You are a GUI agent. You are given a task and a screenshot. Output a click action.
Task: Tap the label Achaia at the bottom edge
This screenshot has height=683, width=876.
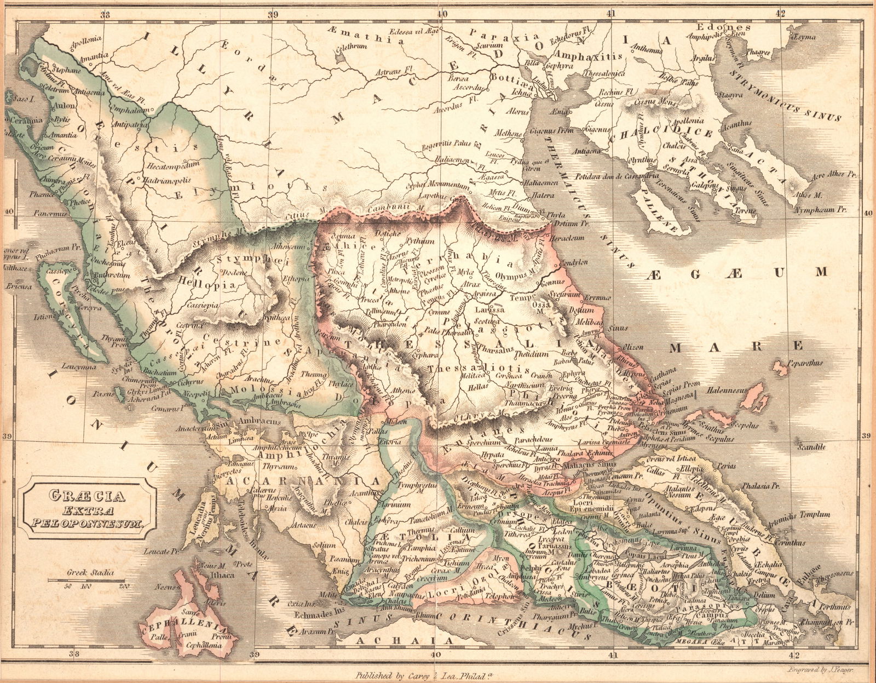(x=405, y=640)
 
